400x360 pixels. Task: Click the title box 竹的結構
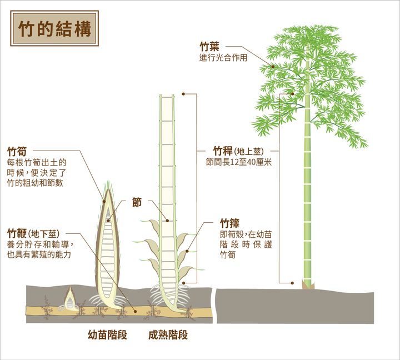click(54, 29)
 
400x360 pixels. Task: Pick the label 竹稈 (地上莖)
click(238, 151)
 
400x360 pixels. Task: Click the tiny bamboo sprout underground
click(70, 300)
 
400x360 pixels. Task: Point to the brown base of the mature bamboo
click(307, 284)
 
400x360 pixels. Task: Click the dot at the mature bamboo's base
click(293, 282)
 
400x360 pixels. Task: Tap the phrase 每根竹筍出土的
click(37, 163)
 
